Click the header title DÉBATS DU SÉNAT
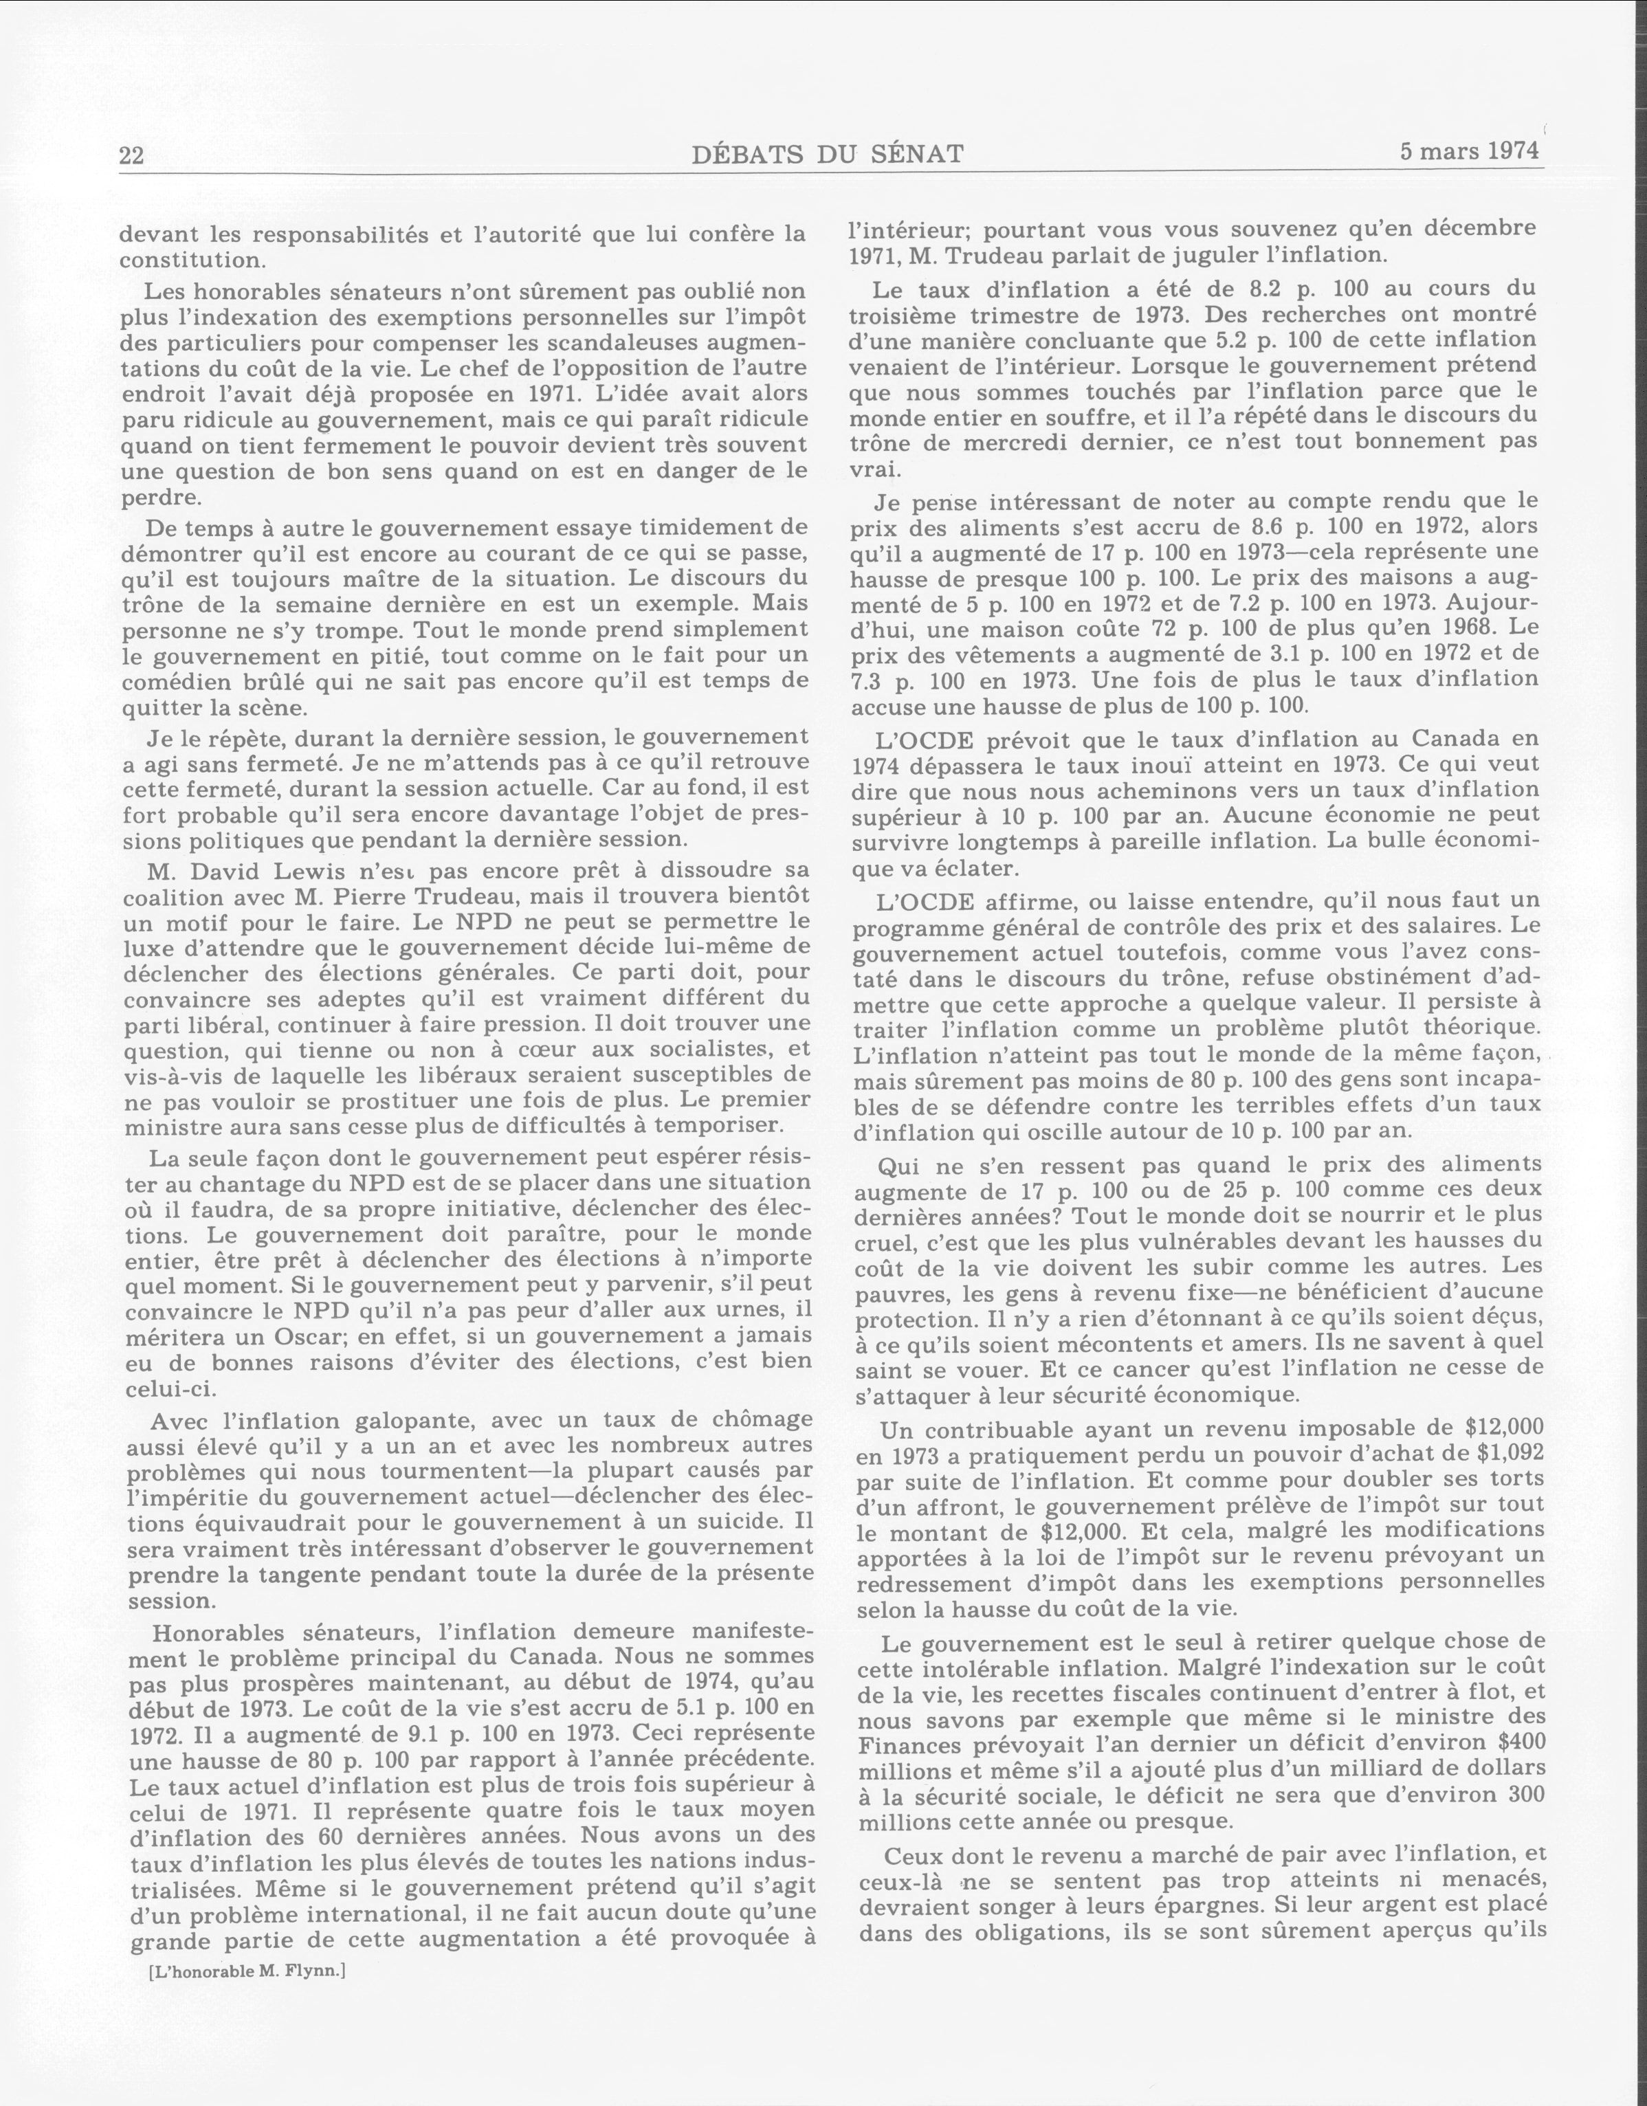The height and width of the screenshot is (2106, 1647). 828,154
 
